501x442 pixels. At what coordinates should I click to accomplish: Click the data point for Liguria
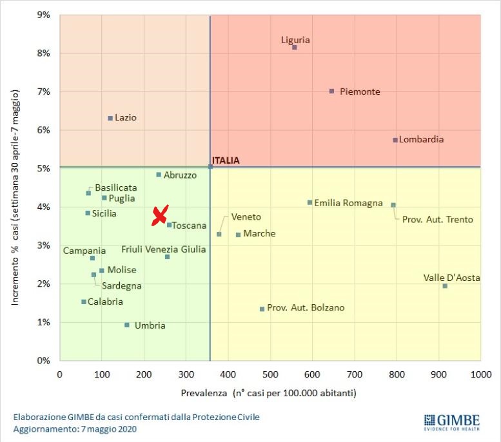(x=295, y=47)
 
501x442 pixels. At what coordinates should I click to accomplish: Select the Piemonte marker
(x=331, y=91)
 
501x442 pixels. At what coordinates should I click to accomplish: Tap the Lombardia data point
(x=395, y=140)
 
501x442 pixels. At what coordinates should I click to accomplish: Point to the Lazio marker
(x=110, y=118)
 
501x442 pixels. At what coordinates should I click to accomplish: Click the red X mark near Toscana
(x=160, y=215)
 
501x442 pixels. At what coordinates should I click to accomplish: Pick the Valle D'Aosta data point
(x=445, y=285)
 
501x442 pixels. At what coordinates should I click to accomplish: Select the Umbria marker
(x=126, y=325)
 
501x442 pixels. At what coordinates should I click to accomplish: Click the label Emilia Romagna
(x=349, y=203)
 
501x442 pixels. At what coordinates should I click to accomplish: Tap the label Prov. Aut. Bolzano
(x=306, y=308)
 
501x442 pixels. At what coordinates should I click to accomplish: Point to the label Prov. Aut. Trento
(x=437, y=220)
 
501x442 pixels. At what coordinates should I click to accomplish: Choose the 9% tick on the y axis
(x=43, y=14)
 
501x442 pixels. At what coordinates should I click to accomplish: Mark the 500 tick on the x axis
(x=270, y=373)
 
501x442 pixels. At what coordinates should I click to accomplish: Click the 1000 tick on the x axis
(x=480, y=373)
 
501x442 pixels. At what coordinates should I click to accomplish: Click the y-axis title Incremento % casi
(x=17, y=187)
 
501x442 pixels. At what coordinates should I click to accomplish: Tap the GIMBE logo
(x=452, y=421)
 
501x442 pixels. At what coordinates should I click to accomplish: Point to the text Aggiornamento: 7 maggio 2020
(x=75, y=428)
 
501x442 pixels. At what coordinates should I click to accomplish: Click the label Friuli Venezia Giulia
(x=164, y=249)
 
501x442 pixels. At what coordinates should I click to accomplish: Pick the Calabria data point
(x=84, y=302)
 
